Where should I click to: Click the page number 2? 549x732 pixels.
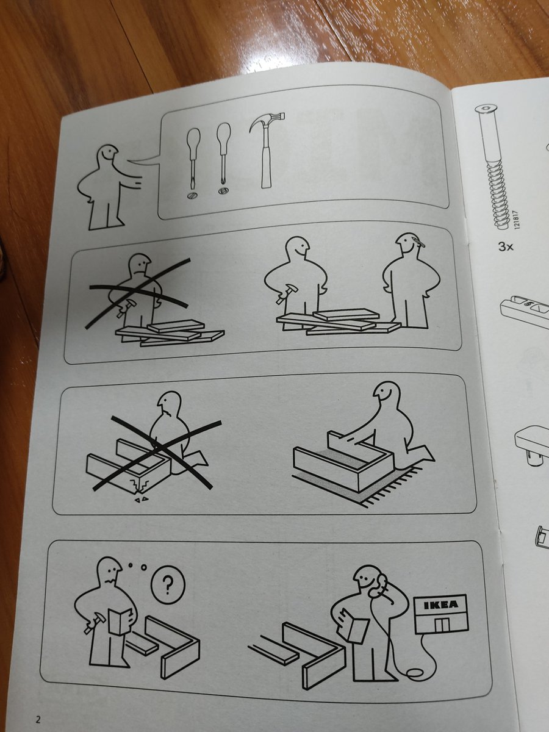tap(37, 719)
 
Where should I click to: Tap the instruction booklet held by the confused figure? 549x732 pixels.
tap(117, 622)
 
